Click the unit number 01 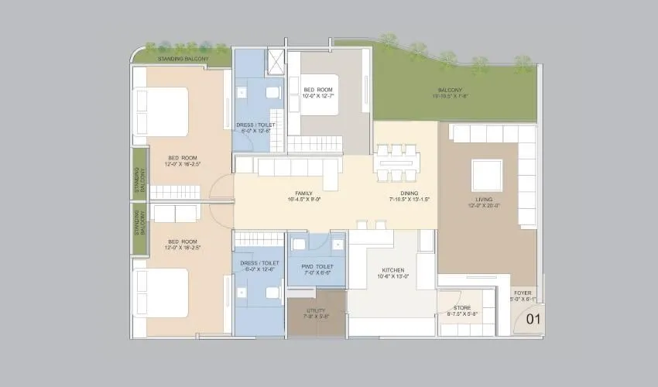coord(533,318)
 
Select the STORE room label coord(462,307)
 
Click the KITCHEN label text coord(392,270)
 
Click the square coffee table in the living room coord(487,174)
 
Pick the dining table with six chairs coord(397,163)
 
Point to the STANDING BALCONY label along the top coord(181,58)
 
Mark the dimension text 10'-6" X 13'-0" coord(392,276)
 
